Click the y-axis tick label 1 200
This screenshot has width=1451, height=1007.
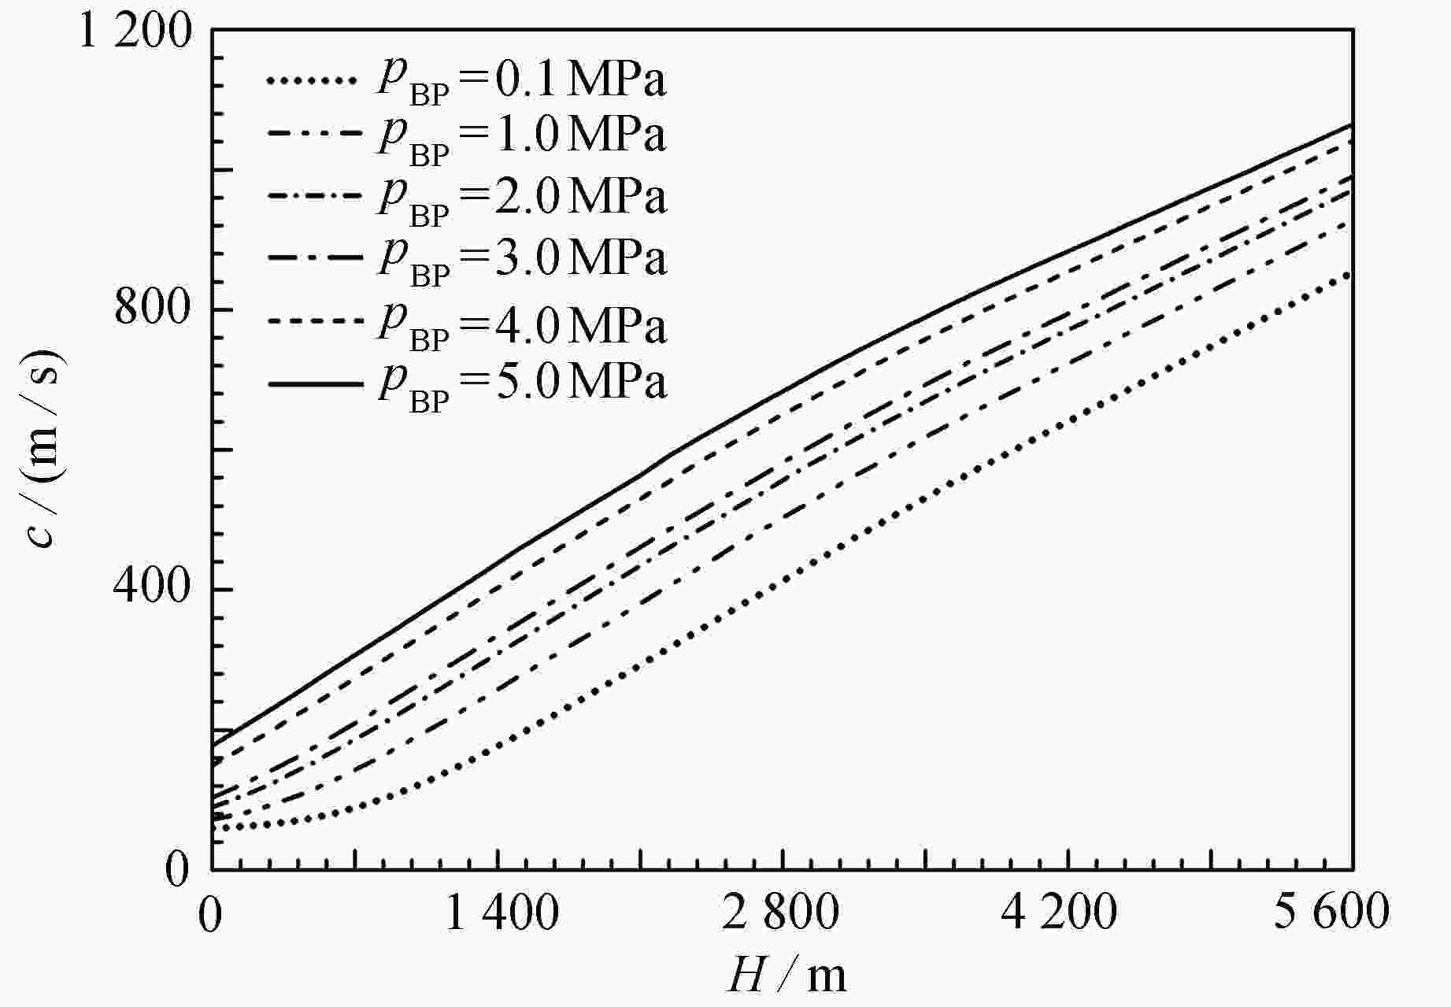135,33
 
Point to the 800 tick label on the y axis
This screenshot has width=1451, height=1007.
154,309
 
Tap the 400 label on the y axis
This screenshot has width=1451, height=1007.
154,589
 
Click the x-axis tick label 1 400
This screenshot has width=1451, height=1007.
502,914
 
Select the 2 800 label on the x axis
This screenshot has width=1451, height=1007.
781,914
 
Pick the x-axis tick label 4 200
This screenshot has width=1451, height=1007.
1060,914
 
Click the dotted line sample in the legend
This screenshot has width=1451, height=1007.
306,80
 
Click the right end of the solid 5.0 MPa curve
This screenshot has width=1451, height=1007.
1351,124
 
